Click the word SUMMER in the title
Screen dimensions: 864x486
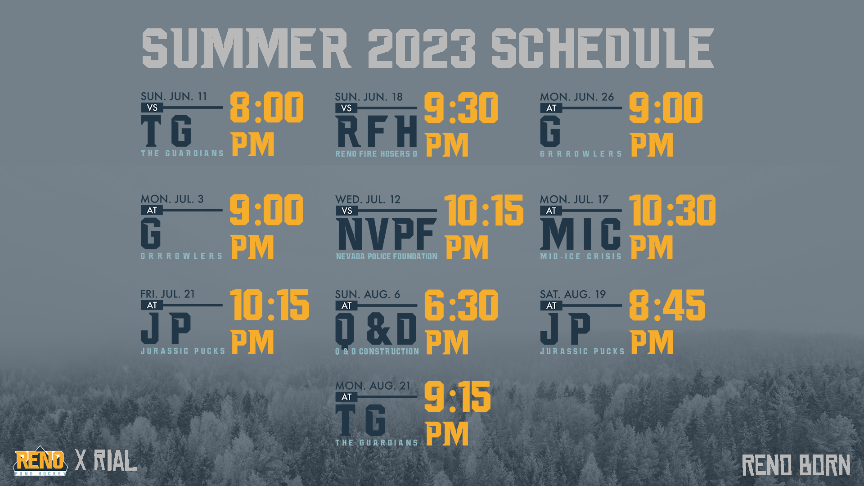point(246,48)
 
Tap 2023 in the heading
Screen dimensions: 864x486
point(422,48)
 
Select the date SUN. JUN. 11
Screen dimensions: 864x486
point(174,96)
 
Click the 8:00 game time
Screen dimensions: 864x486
point(267,108)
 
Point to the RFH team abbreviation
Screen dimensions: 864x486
point(377,131)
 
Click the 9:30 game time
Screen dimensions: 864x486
point(461,108)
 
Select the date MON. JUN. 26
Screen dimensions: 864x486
point(577,97)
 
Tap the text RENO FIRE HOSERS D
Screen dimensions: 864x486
point(376,154)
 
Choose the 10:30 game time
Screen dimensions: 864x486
point(672,210)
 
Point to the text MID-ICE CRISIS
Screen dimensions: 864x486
point(581,256)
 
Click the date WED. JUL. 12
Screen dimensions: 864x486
point(368,199)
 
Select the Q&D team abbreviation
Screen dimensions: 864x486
point(376,329)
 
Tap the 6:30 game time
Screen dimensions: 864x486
point(461,305)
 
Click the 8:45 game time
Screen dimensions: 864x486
point(667,305)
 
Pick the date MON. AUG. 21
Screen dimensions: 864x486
point(373,386)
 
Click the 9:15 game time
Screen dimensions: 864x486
point(457,396)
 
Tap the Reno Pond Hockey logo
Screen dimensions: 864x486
point(40,461)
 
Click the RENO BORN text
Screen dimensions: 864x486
point(796,465)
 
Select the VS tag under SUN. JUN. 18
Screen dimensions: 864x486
point(346,108)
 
